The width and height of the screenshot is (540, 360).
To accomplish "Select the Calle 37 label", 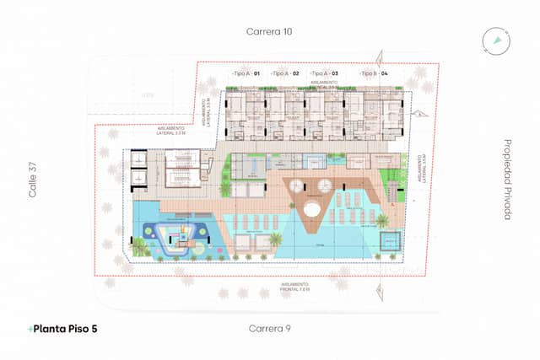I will [x=35, y=180].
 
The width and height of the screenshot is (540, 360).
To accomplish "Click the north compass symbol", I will [x=498, y=40].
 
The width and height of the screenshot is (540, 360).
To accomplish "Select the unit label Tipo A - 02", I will [x=285, y=74].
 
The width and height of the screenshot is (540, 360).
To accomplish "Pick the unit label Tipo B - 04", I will [x=374, y=74].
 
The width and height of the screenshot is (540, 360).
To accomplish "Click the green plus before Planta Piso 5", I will [x=30, y=328].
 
